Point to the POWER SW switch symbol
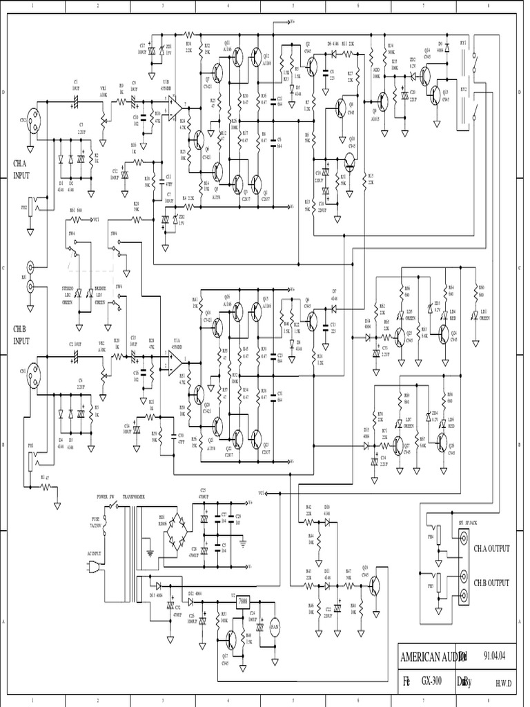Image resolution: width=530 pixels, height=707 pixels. click(x=113, y=506)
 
